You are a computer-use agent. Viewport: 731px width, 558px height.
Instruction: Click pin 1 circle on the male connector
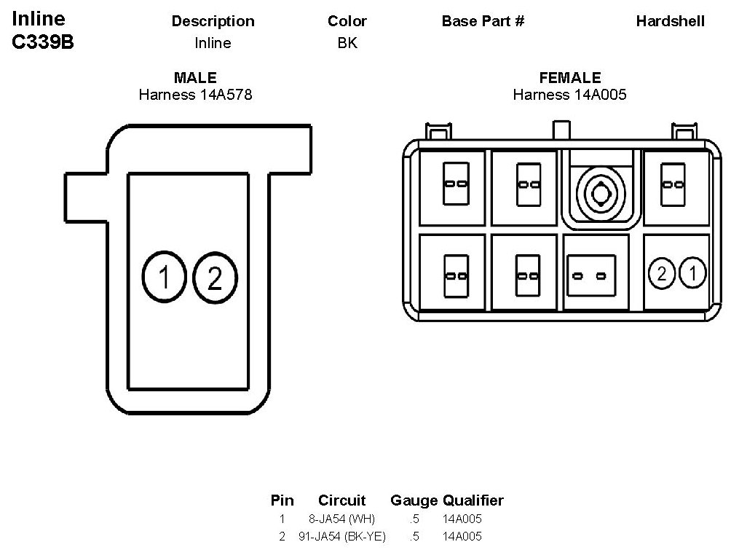click(165, 277)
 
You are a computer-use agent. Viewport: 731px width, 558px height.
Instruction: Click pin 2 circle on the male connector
click(214, 278)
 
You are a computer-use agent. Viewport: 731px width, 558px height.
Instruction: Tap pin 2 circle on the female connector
click(662, 274)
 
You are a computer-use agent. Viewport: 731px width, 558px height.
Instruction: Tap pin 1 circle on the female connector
click(692, 274)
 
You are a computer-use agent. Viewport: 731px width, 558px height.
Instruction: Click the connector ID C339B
click(43, 42)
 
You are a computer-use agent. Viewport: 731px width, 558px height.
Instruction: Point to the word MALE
click(195, 78)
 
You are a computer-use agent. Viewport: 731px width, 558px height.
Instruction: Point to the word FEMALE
click(570, 78)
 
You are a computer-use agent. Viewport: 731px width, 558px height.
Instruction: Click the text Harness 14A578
click(195, 94)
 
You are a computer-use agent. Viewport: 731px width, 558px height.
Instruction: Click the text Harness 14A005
click(570, 94)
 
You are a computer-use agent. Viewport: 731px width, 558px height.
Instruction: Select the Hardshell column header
click(670, 21)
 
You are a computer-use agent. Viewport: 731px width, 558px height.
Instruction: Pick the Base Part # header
click(483, 21)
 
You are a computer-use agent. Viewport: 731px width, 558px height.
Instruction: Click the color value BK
click(347, 43)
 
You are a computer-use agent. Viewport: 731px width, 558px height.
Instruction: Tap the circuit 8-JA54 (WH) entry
click(341, 519)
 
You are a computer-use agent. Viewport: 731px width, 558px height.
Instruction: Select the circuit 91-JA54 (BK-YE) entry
click(341, 537)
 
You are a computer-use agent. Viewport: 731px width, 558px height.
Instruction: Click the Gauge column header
click(414, 500)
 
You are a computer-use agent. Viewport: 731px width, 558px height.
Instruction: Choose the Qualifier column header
click(473, 500)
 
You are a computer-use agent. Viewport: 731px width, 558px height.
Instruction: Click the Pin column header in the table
click(282, 500)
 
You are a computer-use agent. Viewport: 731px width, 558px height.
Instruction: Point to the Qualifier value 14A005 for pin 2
click(462, 537)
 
